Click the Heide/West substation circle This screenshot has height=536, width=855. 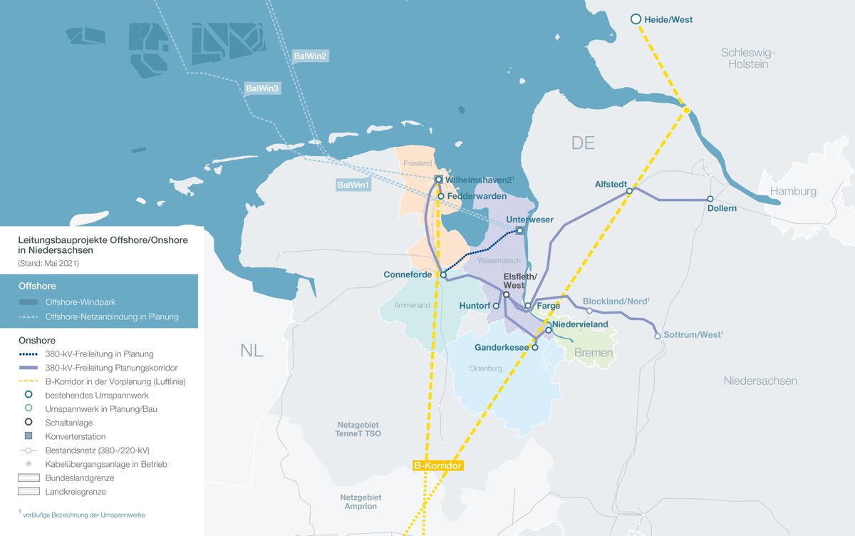[x=636, y=19]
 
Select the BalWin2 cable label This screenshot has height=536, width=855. [x=310, y=56]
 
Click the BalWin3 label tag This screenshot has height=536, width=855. [x=261, y=88]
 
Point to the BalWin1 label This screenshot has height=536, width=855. [x=354, y=185]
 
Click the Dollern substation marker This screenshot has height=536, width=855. [x=710, y=199]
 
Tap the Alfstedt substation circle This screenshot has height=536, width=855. [x=630, y=191]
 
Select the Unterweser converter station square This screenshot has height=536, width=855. [x=519, y=230]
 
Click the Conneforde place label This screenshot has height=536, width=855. [x=407, y=274]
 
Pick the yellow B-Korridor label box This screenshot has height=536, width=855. [x=438, y=466]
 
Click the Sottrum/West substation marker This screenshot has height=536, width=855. [x=657, y=336]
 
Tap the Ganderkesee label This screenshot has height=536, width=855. [x=501, y=348]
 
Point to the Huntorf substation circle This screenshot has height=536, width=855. [x=497, y=306]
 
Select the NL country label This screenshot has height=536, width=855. [x=252, y=351]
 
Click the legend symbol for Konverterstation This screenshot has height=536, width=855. [x=28, y=436]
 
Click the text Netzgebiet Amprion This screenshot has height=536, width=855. [x=361, y=501]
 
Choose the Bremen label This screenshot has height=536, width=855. [x=593, y=354]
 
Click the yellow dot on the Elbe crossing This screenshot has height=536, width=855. [x=685, y=110]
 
